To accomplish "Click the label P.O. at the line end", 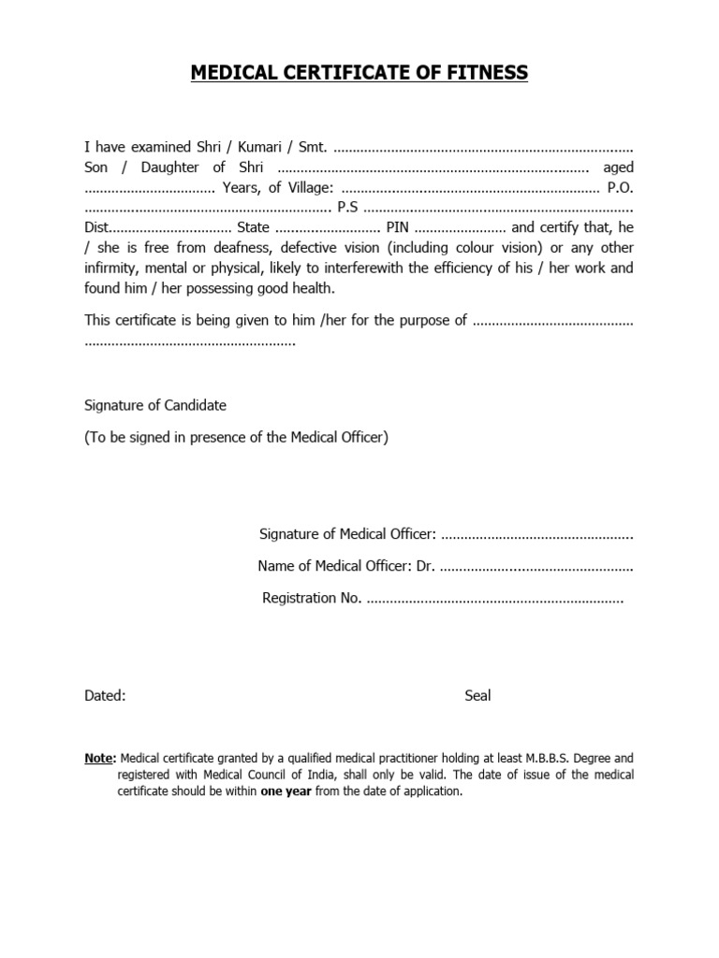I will click(x=620, y=188).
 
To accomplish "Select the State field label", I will click(x=253, y=227).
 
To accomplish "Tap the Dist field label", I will click(x=97, y=227).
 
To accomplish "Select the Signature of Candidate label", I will click(x=155, y=405).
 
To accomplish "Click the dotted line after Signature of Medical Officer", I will click(x=536, y=534).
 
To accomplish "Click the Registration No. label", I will click(x=311, y=598).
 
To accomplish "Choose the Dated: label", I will click(x=105, y=695).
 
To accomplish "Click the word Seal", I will click(x=477, y=695).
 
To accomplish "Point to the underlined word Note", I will click(x=99, y=758).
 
